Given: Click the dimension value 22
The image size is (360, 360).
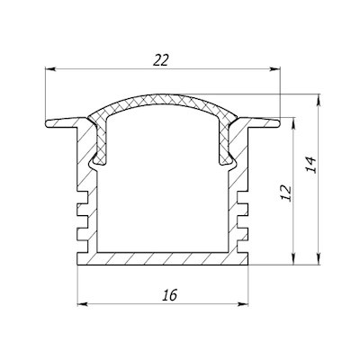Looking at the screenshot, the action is [161, 60].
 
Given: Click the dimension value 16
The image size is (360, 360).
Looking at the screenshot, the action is [170, 295].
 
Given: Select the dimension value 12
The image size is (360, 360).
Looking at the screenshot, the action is [286, 193].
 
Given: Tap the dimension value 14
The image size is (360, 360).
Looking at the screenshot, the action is [311, 165].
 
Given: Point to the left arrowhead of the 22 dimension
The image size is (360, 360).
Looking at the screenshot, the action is [50, 69].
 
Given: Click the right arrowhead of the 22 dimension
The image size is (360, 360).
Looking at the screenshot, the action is [274, 69].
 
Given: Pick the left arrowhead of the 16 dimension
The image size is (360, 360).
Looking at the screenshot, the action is [83, 304].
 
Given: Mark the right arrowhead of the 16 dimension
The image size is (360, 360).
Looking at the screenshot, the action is [243, 304].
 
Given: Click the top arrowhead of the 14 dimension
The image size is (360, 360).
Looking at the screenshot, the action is [319, 99].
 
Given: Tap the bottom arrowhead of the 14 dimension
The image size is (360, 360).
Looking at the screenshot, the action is [319, 260].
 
